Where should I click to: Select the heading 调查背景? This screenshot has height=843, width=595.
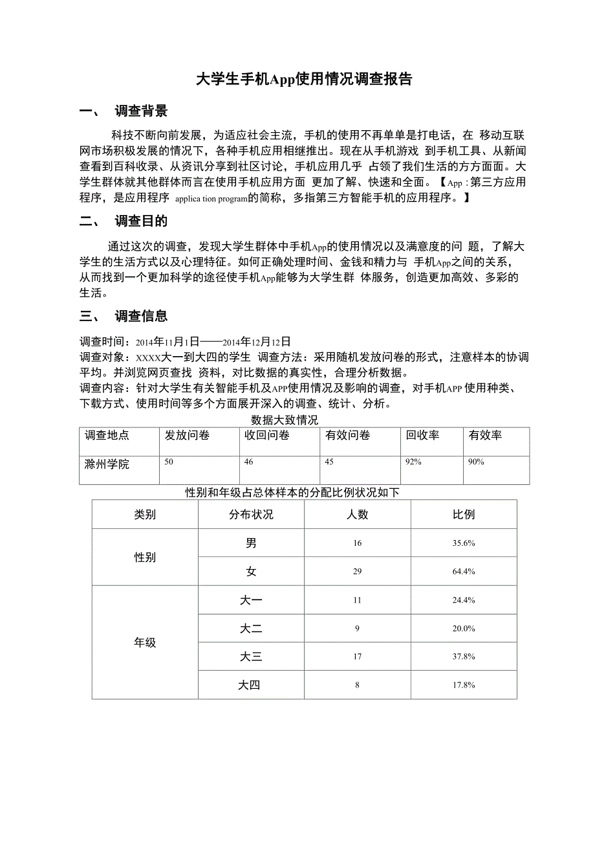(141, 111)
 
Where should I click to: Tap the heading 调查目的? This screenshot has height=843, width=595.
(141, 221)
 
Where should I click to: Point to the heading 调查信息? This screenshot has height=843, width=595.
(141, 316)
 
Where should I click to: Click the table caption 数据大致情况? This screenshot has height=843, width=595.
(285, 421)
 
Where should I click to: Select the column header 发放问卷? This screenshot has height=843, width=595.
(187, 436)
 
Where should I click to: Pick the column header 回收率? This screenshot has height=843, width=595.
(422, 436)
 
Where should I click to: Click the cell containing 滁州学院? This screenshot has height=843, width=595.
(107, 464)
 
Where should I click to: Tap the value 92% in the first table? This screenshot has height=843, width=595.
(414, 462)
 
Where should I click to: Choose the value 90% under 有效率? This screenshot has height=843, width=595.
(477, 462)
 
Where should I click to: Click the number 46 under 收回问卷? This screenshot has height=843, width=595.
(249, 462)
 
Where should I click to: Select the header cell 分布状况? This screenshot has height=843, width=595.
(251, 515)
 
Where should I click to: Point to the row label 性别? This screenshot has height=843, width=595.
(145, 557)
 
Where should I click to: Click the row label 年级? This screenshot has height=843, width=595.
(145, 643)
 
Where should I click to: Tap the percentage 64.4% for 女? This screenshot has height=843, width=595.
(464, 572)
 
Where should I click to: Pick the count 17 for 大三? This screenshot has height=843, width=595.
(358, 657)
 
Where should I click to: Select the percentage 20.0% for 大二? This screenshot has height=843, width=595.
(464, 629)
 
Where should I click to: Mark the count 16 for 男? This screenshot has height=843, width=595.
(358, 543)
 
